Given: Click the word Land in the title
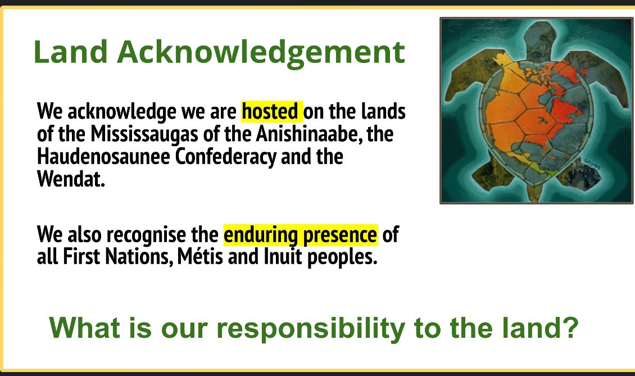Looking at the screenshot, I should coord(70,52).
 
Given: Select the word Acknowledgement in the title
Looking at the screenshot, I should coord(261,53).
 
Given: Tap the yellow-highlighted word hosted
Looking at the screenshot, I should coord(271,111).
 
